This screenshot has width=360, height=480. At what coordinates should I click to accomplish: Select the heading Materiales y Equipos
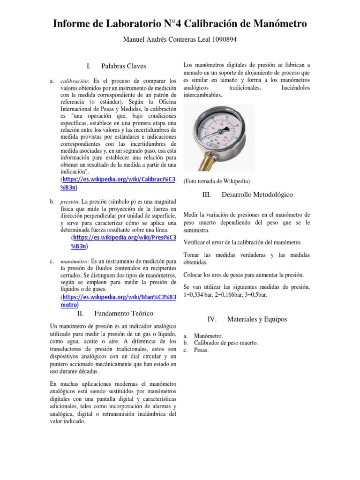pyautogui.click(x=257, y=319)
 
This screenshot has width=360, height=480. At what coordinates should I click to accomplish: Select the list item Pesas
pyautogui.click(x=202, y=350)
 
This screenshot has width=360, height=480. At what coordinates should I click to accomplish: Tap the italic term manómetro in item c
pyautogui.click(x=75, y=261)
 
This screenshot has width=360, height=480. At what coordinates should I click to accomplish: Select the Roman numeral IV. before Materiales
pyautogui.click(x=212, y=319)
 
